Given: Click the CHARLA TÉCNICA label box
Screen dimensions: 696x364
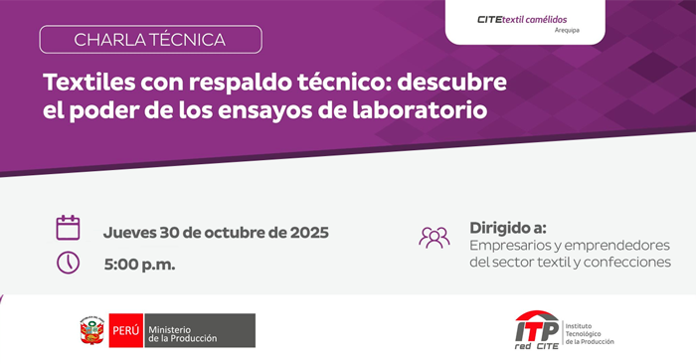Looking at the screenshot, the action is [150, 40].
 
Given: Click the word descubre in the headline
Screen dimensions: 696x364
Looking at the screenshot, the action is [451, 83].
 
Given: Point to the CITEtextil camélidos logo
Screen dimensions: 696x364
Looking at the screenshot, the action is [522, 20].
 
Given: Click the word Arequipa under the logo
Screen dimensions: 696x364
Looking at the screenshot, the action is [567, 31].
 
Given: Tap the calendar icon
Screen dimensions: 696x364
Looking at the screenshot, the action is [68, 228].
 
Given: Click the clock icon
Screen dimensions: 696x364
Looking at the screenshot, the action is [68, 263].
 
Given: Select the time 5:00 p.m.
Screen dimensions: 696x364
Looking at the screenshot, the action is [139, 265].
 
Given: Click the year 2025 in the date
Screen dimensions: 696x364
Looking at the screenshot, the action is [309, 232].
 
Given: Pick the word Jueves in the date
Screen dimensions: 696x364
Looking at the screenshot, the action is [129, 232].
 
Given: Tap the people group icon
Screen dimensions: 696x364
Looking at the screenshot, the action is [435, 238].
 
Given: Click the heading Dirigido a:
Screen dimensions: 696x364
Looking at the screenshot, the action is [508, 228].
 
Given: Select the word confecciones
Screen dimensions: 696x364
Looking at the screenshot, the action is [627, 262].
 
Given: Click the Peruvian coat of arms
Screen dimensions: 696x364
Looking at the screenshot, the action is [91, 330].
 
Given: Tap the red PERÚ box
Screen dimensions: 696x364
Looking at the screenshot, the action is [126, 330].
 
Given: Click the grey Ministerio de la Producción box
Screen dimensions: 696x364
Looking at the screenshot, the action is [200, 330].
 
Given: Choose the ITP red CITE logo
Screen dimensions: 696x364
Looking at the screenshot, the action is [537, 330].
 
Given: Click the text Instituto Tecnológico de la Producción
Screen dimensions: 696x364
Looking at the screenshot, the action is [590, 334].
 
